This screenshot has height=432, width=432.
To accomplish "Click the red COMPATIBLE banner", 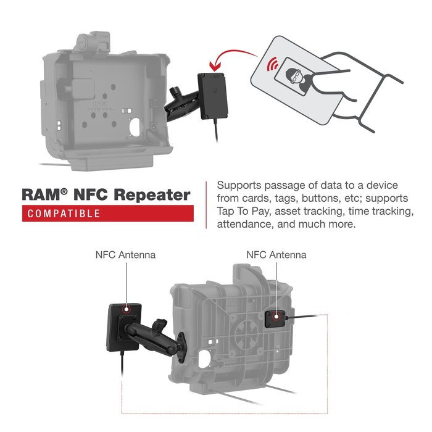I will [108, 214].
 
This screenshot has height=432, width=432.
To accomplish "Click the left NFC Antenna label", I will [125, 254].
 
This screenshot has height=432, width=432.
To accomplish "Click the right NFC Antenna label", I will [276, 254].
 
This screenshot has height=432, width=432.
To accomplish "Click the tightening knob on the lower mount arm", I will [160, 322].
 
